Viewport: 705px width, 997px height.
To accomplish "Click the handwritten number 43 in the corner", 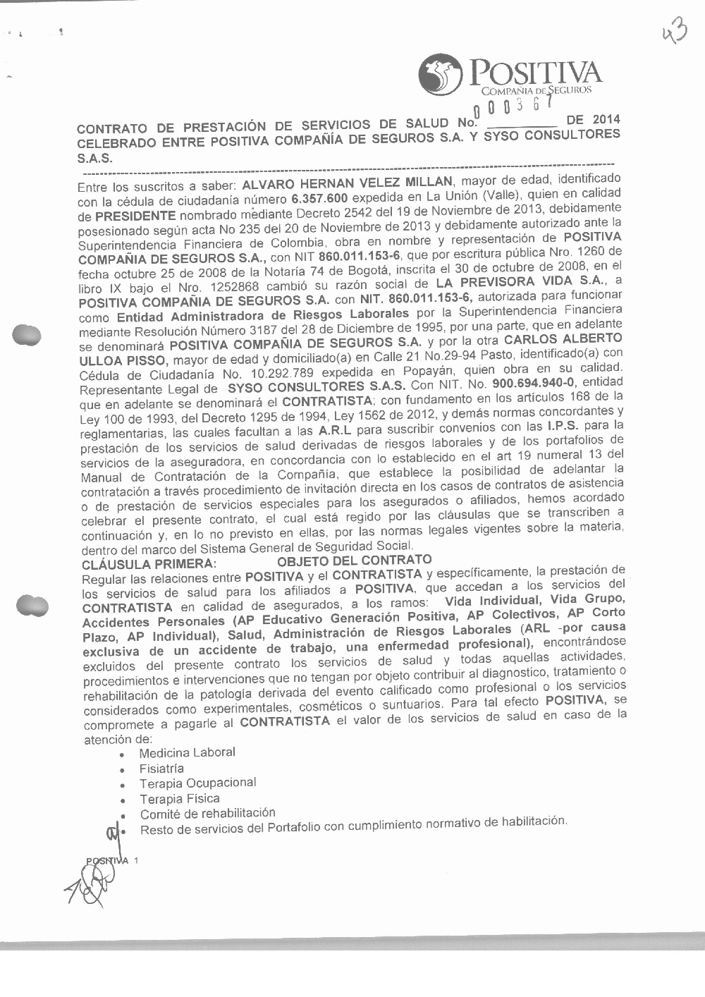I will coord(675,32).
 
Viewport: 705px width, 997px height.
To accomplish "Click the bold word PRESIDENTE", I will coord(135,215).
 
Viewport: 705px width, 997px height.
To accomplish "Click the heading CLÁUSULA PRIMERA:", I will coord(148,564).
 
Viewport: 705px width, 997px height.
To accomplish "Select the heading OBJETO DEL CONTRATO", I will coord(354,561).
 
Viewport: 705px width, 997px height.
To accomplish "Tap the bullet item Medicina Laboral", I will coord(187,752).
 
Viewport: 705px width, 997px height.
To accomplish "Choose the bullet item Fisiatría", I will coord(161,769).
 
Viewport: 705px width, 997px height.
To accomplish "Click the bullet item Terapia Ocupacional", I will coord(197,783).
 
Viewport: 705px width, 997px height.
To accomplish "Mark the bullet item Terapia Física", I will coord(179,799).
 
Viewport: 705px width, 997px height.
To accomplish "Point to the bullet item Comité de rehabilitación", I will coord(207,814).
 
